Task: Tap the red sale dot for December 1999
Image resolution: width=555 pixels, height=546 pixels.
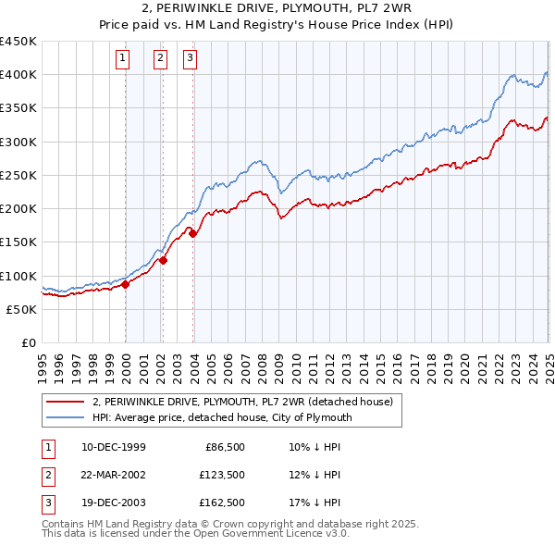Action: pos(126,285)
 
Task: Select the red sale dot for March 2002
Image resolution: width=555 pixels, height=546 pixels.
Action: pos(163,260)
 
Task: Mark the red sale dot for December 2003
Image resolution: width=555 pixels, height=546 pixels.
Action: pos(193,234)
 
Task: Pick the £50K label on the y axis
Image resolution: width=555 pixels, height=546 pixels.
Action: pos(22,309)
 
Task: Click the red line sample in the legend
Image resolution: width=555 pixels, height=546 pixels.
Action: pos(65,402)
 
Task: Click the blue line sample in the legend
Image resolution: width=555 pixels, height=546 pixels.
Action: pos(65,417)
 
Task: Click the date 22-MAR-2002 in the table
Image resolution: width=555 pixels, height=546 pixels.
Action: pos(114,475)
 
